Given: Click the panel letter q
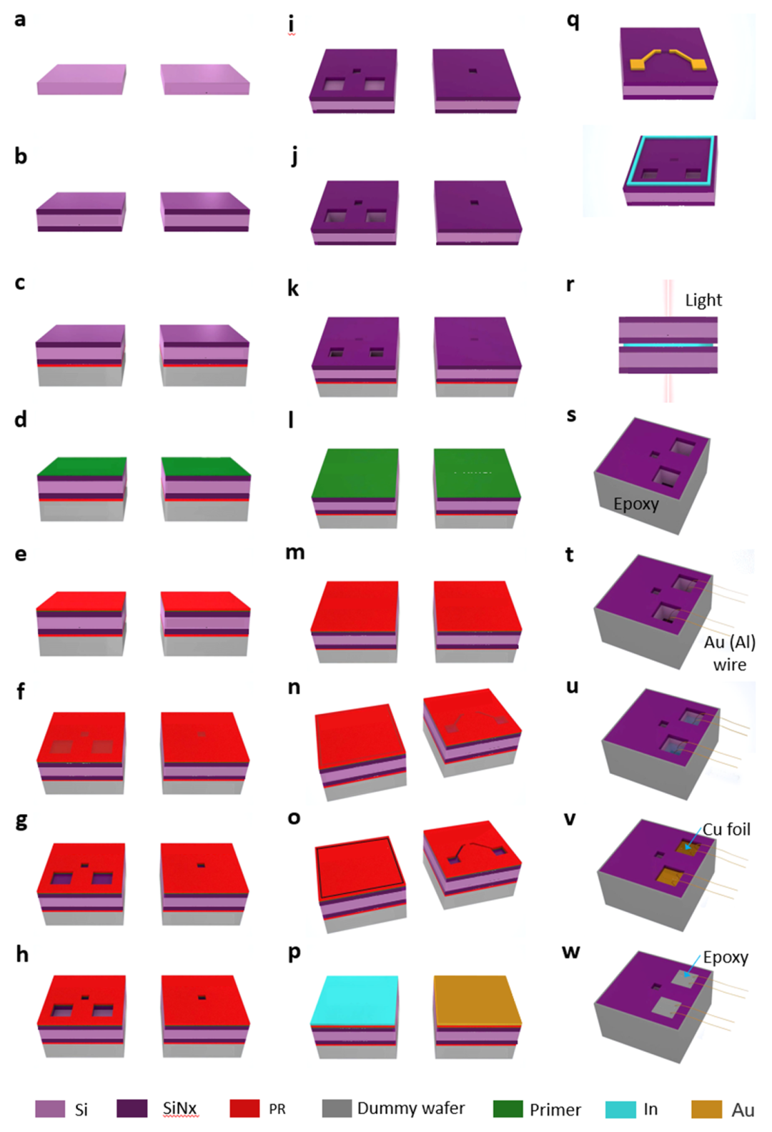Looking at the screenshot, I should [x=573, y=21].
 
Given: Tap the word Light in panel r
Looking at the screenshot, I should [x=703, y=300].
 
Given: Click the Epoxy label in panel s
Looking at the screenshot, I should [x=635, y=504].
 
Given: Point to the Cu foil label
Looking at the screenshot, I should [x=726, y=829].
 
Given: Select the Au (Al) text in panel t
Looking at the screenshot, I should [x=729, y=642].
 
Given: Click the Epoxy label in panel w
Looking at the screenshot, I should [x=725, y=957].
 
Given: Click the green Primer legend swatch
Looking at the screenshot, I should [x=508, y=1109].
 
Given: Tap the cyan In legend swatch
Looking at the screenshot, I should [x=620, y=1109].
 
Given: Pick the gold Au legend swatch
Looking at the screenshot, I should [x=706, y=1109].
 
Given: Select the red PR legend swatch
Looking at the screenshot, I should [x=244, y=1108].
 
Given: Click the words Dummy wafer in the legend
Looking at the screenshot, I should [x=410, y=1108].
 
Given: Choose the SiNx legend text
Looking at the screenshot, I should [x=179, y=1108].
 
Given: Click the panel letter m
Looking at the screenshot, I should [x=295, y=552].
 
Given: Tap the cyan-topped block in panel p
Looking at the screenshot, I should [x=355, y=1015].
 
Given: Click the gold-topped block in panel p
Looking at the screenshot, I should [x=477, y=1015].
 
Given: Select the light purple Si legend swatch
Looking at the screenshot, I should [x=49, y=1108].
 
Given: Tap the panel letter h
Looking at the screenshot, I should [x=22, y=954].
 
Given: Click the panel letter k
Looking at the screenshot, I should [x=293, y=288].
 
